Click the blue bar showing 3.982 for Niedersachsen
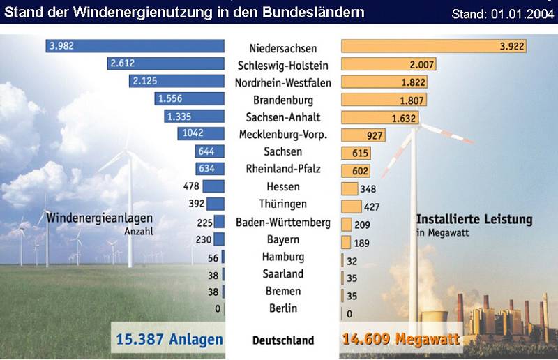click(x=135, y=46)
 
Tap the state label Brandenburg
click(x=283, y=100)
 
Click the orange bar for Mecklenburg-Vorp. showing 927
click(x=362, y=134)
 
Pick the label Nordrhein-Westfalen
click(x=283, y=82)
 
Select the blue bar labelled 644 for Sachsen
click(x=211, y=151)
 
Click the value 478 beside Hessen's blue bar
click(x=191, y=186)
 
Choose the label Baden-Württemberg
click(x=283, y=223)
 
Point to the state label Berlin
click(x=283, y=308)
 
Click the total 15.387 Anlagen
click(x=167, y=340)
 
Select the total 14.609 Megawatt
click(x=401, y=340)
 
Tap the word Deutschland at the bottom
click(x=283, y=341)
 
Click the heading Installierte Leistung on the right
click(x=474, y=219)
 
